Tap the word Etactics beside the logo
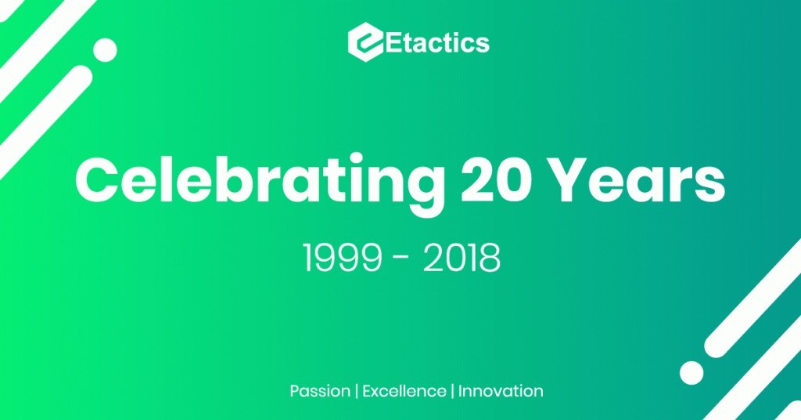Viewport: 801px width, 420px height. tap(434, 42)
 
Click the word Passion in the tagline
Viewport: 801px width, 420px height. tap(319, 390)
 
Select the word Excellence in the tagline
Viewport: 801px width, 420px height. tap(402, 390)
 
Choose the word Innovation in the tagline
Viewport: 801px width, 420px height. tap(501, 390)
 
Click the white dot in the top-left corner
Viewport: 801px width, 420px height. tap(105, 50)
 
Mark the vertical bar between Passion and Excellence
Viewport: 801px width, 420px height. tap(356, 390)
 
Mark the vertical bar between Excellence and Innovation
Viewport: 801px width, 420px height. tap(451, 390)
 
